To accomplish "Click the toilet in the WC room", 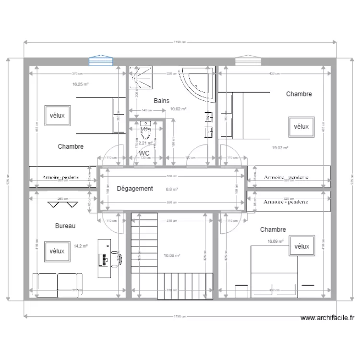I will (x=145, y=130).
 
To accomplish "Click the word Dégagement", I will (x=135, y=189).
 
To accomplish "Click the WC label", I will (x=144, y=153).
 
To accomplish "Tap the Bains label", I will (x=161, y=101).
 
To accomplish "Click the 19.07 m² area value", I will (x=280, y=148).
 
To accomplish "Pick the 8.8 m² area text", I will (x=172, y=190).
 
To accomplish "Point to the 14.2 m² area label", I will (x=81, y=246).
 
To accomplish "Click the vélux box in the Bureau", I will (x=57, y=251).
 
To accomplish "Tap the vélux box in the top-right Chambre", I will (x=301, y=127).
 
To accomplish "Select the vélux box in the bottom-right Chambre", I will (x=301, y=246).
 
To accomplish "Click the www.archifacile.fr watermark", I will (x=326, y=318).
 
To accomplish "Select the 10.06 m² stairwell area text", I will (x=172, y=256).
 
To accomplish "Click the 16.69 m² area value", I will (x=276, y=242).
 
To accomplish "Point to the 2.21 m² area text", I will (x=145, y=143).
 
